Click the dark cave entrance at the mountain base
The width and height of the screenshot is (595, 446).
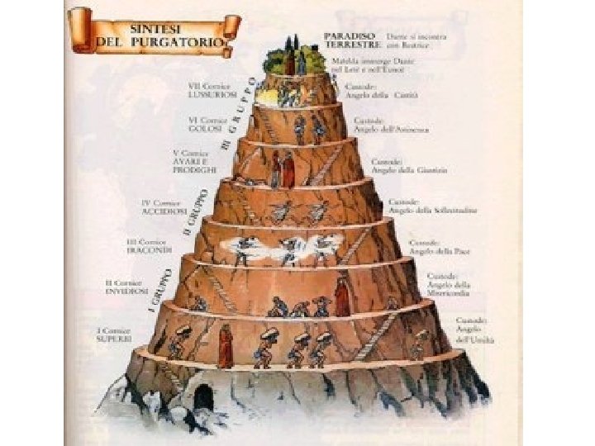[203, 398]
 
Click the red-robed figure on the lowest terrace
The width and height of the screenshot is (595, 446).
[225, 346]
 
